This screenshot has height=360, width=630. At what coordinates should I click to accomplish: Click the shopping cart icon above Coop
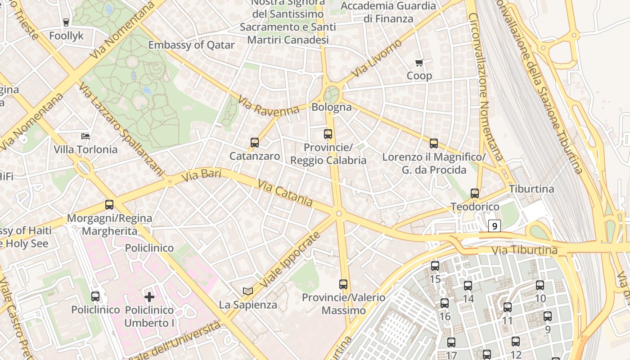coord(419,63)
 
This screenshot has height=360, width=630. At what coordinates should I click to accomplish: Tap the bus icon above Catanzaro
coord(255,143)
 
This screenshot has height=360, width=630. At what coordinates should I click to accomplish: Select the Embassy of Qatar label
coord(191,45)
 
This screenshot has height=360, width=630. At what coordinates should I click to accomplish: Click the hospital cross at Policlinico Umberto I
coord(149,297)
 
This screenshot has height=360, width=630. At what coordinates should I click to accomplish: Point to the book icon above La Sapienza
coord(248,291)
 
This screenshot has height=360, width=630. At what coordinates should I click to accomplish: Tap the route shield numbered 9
coord(495,226)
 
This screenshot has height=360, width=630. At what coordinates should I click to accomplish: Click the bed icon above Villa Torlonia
coord(85,136)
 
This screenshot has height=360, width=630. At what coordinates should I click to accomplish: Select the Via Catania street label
coord(285,193)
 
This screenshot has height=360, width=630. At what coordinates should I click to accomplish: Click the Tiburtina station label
coord(531,189)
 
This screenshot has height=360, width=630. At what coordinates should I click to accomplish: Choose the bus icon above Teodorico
coord(475,193)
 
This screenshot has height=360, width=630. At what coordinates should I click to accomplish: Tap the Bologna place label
coord(332,107)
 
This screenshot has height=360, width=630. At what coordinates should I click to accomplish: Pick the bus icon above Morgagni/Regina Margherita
coord(109,205)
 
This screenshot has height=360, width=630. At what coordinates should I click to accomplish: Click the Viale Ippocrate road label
coord(290,260)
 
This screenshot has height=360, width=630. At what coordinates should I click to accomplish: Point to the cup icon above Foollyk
coord(66,22)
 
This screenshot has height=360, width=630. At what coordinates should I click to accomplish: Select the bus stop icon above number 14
coord(468,285)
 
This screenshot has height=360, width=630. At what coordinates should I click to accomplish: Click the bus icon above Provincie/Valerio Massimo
coord(343,284)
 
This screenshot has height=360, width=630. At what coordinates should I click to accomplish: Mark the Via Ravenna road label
coord(269,106)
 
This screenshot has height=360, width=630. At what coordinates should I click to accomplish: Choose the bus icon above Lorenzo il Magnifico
coord(434,144)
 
